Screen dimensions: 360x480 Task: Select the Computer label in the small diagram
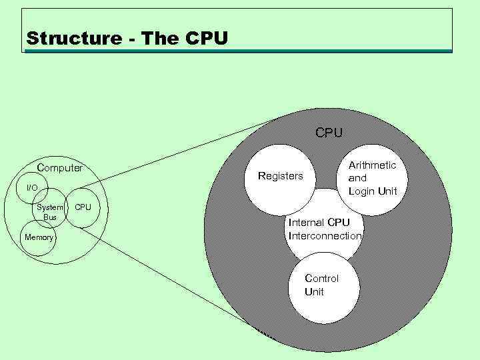coord(60,168)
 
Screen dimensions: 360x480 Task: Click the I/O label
coord(32,189)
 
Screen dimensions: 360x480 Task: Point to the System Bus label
coord(51,212)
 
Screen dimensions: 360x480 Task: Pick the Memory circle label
coord(39,237)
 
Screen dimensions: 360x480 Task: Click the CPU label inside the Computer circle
coord(83,207)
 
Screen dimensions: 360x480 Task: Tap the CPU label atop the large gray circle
coord(329,133)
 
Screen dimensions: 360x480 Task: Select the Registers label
coord(280,177)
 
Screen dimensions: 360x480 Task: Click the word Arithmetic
coord(373,165)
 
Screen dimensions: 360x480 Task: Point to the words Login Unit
coord(373,191)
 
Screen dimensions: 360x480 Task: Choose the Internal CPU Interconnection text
coord(325,229)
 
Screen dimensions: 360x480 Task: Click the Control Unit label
coord(321,285)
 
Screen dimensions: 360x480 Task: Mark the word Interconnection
coord(325,235)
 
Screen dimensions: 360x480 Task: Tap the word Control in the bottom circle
coord(321,278)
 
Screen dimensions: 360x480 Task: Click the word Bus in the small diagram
coord(50,217)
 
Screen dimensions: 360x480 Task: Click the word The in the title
coord(160,39)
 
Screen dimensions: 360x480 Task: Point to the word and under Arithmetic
coord(357,178)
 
